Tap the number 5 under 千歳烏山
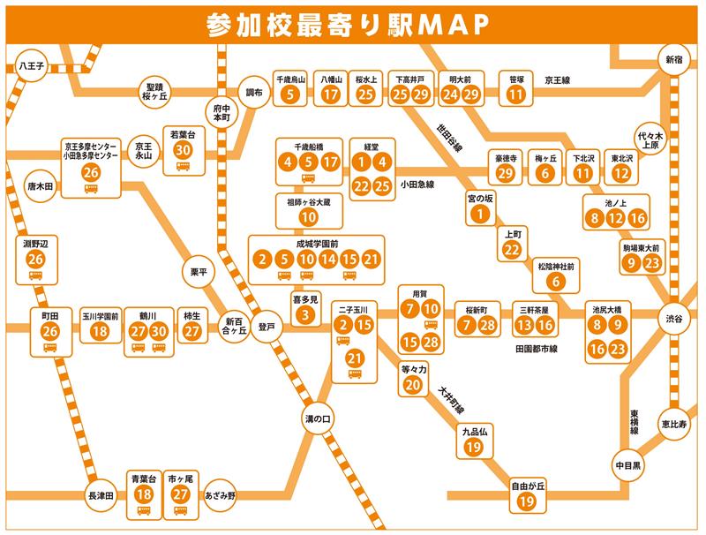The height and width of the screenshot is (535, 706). pyautogui.click(x=291, y=94)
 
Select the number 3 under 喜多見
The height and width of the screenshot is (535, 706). pyautogui.click(x=304, y=313)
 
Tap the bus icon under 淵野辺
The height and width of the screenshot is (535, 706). pyautogui.click(x=35, y=275)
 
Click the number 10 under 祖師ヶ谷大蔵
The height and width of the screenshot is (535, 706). pyautogui.click(x=308, y=216)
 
